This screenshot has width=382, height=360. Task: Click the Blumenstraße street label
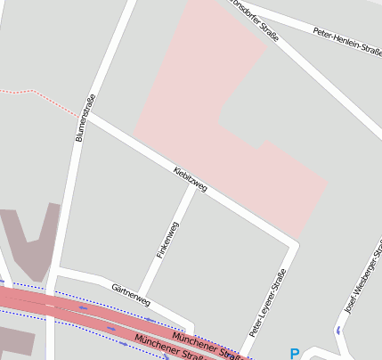pyautogui.click(x=85, y=119)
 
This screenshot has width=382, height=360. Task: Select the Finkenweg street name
pyautogui.click(x=168, y=240)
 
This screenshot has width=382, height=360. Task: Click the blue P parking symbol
pyautogui.click(x=295, y=354)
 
